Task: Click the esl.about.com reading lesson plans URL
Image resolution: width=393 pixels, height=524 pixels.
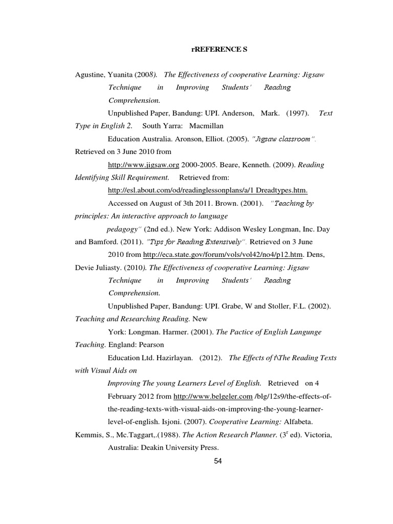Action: coord(208,190)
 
